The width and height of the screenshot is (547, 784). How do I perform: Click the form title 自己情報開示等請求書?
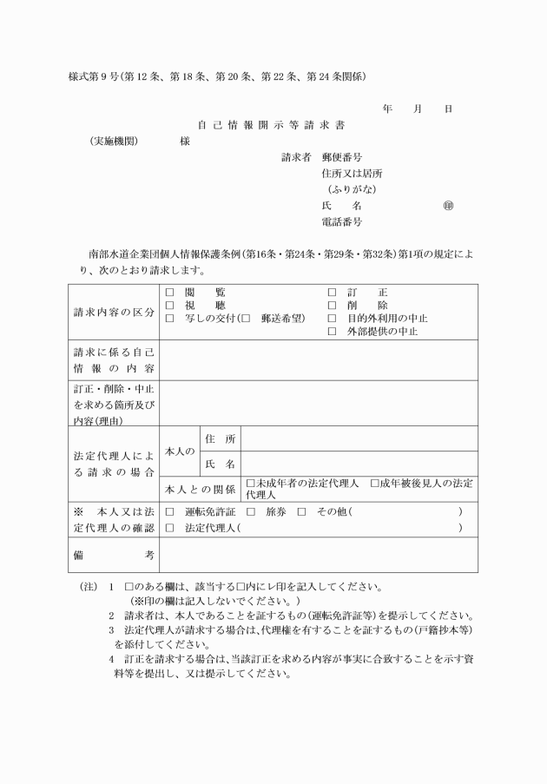click(x=273, y=124)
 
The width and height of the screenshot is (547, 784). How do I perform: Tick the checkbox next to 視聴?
click(x=169, y=306)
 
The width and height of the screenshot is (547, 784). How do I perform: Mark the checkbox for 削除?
click(x=331, y=306)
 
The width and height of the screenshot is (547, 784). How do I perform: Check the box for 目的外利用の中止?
click(x=331, y=319)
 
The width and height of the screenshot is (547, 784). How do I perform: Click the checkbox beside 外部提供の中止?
click(x=331, y=331)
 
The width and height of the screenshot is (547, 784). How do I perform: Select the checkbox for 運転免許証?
click(x=169, y=512)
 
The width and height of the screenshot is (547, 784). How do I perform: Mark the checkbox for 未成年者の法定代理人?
click(x=251, y=482)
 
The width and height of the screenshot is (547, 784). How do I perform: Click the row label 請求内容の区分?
click(x=114, y=312)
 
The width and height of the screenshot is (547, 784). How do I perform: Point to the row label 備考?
click(x=114, y=554)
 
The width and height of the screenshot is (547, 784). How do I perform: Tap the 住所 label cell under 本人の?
click(x=220, y=438)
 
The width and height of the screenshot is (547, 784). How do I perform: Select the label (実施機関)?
click(x=114, y=142)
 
